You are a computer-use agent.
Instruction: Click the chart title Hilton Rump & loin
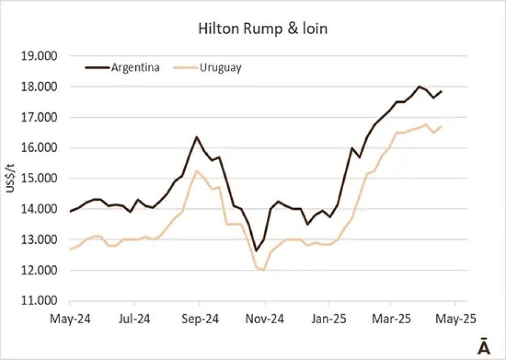(262, 29)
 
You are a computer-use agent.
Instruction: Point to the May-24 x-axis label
(70, 318)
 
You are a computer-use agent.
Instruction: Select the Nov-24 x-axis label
(264, 318)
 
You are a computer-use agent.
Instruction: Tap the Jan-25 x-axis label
(328, 318)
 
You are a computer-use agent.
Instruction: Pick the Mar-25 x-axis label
(391, 318)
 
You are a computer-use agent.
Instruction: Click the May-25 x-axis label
(455, 318)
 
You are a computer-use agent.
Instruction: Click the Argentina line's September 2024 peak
(196, 137)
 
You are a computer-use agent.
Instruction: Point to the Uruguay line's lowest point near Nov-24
(264, 270)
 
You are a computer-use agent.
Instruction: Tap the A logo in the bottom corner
(483, 347)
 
